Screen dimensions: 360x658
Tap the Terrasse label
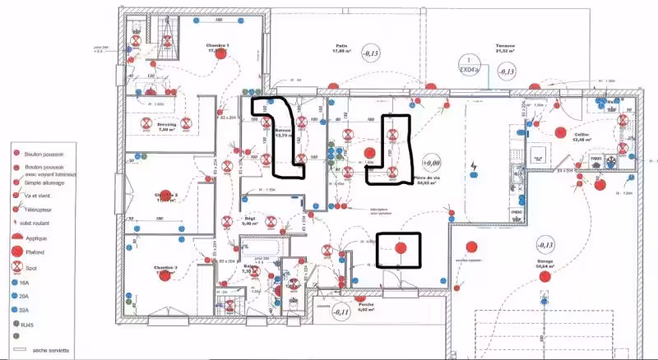504,46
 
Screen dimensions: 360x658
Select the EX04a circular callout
468,66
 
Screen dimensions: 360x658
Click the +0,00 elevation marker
431,162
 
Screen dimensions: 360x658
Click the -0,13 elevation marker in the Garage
545,245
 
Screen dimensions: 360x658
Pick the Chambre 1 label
216,45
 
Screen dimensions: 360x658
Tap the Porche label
367,304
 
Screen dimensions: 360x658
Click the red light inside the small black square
400,248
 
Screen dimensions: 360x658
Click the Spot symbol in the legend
16,266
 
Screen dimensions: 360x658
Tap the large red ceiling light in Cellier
560,132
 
